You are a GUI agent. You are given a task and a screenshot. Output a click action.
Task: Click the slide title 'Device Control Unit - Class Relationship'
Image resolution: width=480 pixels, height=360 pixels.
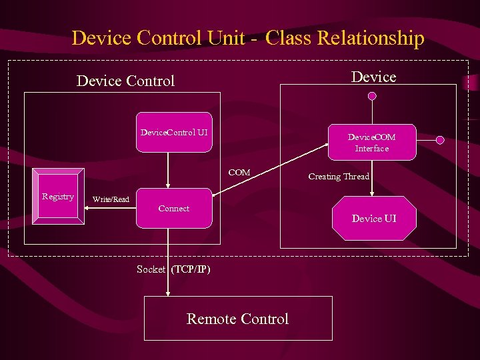tap(247, 38)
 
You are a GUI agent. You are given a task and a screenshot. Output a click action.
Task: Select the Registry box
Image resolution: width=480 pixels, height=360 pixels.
tap(58, 196)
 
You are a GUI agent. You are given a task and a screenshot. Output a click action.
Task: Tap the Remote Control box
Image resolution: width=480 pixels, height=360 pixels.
tap(238, 319)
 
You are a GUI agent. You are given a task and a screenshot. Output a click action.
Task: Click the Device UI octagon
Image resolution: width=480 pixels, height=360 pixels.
tap(374, 218)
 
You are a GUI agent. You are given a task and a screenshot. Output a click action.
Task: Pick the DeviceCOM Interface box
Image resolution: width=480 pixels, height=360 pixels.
tap(371, 142)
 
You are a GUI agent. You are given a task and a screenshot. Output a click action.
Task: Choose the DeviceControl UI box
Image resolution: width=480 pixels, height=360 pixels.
tap(174, 132)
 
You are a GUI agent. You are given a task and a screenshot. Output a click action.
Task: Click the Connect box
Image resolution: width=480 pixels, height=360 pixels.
tap(174, 209)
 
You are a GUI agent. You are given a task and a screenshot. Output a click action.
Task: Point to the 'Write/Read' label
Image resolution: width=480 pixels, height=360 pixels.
tap(111, 199)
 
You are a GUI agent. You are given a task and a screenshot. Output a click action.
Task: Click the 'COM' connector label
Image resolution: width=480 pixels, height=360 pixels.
tap(239, 173)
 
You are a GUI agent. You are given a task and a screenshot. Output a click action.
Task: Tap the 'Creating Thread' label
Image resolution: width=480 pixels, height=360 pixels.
tap(339, 177)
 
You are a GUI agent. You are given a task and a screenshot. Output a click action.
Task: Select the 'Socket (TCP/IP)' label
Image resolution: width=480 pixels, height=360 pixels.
tap(173, 269)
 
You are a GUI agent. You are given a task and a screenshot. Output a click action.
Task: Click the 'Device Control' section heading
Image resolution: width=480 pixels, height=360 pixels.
tap(125, 81)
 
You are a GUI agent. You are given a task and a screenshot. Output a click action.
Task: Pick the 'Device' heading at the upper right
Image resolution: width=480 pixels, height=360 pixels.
tap(373, 77)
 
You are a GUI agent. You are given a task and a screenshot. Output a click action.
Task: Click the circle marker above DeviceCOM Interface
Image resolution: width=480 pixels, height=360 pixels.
tap(372, 96)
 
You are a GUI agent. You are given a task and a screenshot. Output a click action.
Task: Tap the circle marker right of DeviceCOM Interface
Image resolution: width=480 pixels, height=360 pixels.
tap(440, 140)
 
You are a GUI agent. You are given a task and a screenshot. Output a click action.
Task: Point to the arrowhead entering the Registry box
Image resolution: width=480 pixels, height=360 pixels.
tap(88, 197)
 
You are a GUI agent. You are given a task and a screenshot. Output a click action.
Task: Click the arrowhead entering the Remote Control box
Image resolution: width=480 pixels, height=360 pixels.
tap(168, 291)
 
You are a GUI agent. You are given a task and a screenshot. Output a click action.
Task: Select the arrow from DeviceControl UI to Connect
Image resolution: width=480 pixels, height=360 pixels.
tap(168, 170)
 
